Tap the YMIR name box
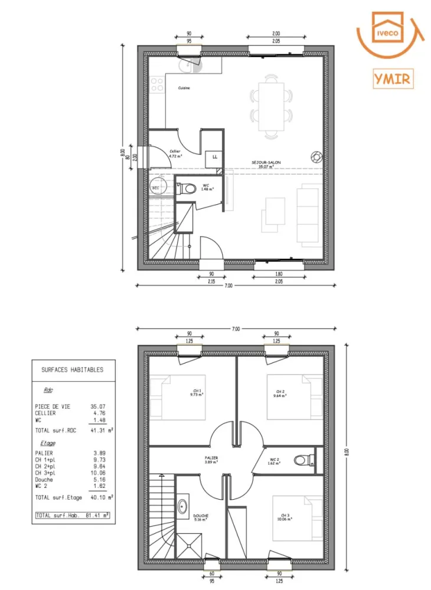click(x=392, y=78)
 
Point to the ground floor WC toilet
click(x=189, y=188)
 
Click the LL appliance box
click(x=214, y=158)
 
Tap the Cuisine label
click(x=184, y=88)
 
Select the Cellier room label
click(x=175, y=153)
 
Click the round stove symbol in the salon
click(x=316, y=156)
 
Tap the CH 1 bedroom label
click(x=197, y=392)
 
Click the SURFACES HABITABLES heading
click(x=72, y=370)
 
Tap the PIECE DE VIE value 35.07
click(x=98, y=407)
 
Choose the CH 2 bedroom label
click(x=280, y=394)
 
